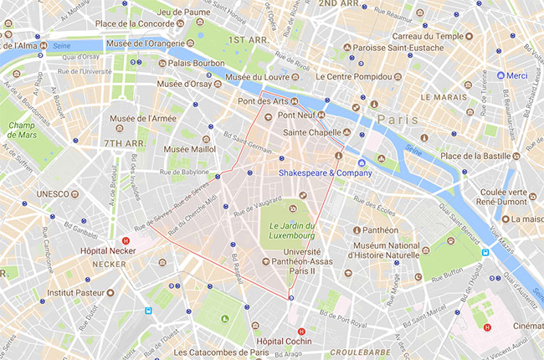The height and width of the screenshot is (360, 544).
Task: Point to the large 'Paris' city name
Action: click(397, 120)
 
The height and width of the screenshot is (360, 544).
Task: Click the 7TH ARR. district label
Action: click(126, 143)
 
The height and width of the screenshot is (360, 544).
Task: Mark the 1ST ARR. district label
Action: click(248, 39)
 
